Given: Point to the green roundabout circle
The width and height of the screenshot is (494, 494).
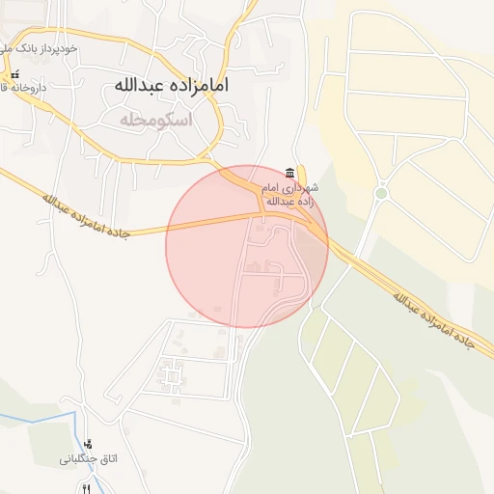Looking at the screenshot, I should coord(381,193).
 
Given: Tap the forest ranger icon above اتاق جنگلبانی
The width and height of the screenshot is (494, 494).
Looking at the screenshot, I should coord(89,444).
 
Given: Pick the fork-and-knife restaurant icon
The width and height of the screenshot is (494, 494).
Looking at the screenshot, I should coord(87,488).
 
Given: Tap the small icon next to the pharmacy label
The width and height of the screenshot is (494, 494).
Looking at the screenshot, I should coord(14,74).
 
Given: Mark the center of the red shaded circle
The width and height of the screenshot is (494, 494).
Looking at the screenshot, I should coord(247,246).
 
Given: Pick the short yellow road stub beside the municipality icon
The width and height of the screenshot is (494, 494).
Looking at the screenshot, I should coord(302,174).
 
